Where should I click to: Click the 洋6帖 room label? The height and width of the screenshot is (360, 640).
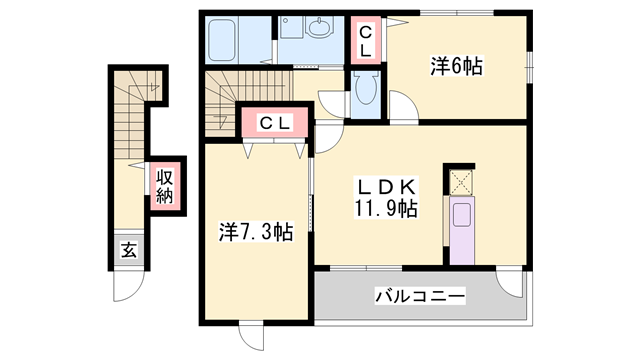pos(457,67)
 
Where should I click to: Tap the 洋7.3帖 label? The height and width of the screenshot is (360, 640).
pos(256,232)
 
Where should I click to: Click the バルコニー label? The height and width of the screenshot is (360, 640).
pos(419,296)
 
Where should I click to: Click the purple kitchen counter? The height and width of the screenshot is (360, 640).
pos(461,231)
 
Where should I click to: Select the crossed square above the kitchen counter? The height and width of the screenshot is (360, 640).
pos(461,181)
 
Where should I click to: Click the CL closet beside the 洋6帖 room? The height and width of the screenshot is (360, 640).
pos(366,40)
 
